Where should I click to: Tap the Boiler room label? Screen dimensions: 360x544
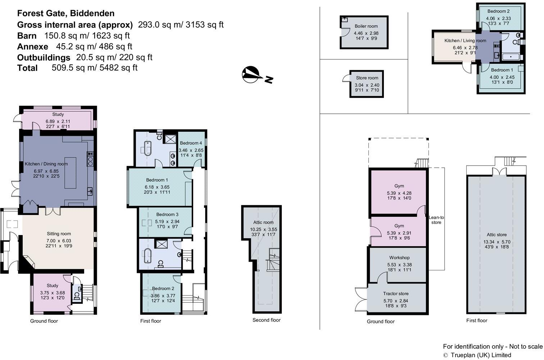pos(366,26)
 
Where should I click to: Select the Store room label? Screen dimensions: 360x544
pos(367,78)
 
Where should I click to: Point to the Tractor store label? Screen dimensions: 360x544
pos(395,294)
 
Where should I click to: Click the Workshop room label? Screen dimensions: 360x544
pos(399,258)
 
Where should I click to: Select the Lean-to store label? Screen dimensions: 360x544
pos(436,220)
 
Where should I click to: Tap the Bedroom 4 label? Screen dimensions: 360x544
pos(191,143)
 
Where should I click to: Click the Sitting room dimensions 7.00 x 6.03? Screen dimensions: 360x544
pos(59,240)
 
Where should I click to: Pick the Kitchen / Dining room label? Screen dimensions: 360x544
pos(46,164)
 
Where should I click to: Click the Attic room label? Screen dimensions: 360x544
pos(263,222)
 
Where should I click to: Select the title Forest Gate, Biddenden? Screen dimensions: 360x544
pos(66,14)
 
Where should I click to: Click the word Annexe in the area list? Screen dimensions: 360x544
pos(32,47)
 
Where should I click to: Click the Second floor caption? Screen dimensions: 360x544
pos(266,320)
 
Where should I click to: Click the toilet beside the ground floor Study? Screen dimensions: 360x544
pos(77,296)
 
